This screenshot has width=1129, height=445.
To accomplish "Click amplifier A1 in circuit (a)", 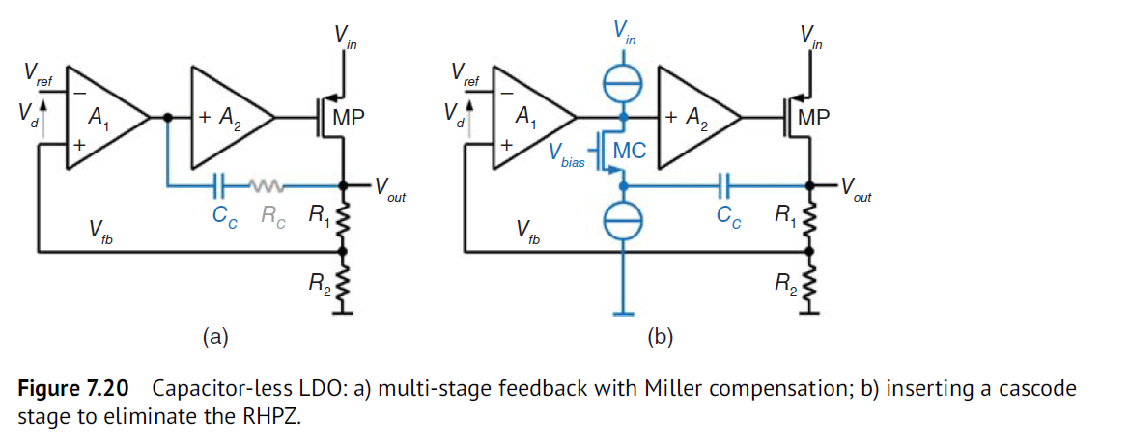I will tap(101, 118).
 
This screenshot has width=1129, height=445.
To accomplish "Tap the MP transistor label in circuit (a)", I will tap(350, 118).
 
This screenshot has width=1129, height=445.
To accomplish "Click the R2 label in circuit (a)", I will tap(320, 282).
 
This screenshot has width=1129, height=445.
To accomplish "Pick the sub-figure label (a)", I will tap(214, 336).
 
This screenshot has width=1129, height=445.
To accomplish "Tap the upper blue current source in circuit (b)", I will tap(624, 84).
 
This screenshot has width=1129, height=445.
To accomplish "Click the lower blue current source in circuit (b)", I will tap(624, 223).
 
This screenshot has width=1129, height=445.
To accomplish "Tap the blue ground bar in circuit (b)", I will tap(624, 313).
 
